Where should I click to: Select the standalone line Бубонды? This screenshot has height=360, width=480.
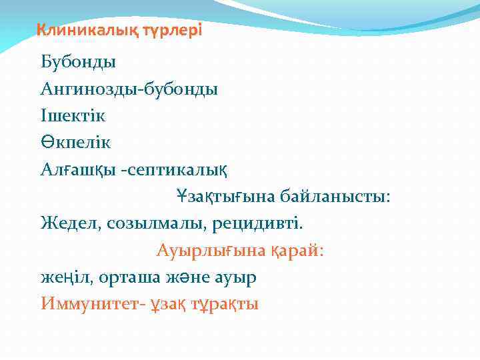[x=78, y=63]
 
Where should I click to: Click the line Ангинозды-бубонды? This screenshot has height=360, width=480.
[x=129, y=89]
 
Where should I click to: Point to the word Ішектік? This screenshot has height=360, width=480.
[x=73, y=115]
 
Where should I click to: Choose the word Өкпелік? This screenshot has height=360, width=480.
[x=75, y=143]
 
